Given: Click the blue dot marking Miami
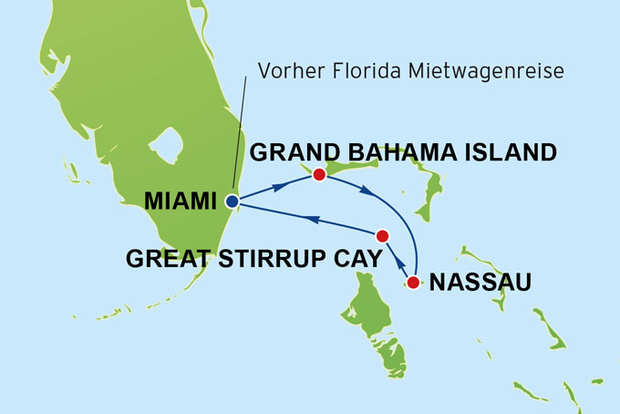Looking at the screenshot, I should coord(232,202).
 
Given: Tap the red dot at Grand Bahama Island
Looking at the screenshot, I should coord(319,174).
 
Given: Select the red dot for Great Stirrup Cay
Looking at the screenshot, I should coord(383,234).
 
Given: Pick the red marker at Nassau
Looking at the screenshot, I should coord(413,282).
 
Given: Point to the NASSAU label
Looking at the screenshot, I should coord(480,282).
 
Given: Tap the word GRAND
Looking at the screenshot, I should coord(287,152).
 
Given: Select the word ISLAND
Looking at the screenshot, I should coord(506,152).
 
